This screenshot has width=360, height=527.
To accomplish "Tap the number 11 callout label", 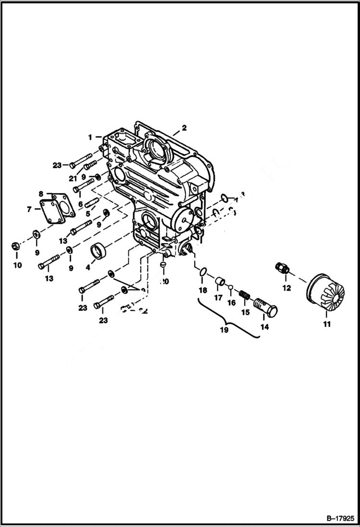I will (x=327, y=325).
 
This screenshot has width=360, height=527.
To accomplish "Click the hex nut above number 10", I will (x=15, y=247).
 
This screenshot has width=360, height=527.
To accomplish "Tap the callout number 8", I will (x=41, y=194).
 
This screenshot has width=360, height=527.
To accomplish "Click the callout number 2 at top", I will (x=184, y=128).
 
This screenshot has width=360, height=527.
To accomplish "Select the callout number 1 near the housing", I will (x=90, y=137).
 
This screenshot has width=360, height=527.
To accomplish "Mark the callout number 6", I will (x=81, y=204).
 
